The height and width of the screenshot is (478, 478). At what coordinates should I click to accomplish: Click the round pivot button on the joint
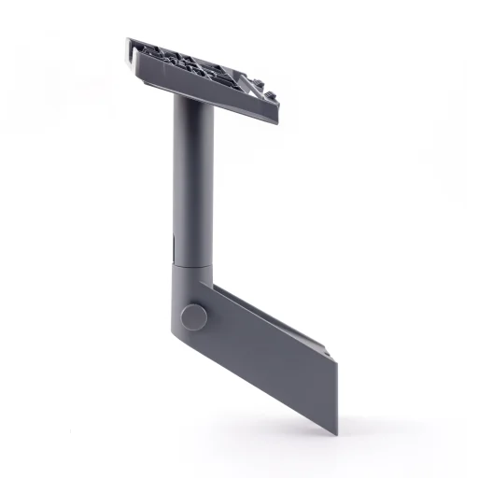(193, 316)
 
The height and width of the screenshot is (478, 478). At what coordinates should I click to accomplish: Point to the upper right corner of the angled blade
(330, 351)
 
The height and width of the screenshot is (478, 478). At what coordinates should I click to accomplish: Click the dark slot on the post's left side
(173, 247)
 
